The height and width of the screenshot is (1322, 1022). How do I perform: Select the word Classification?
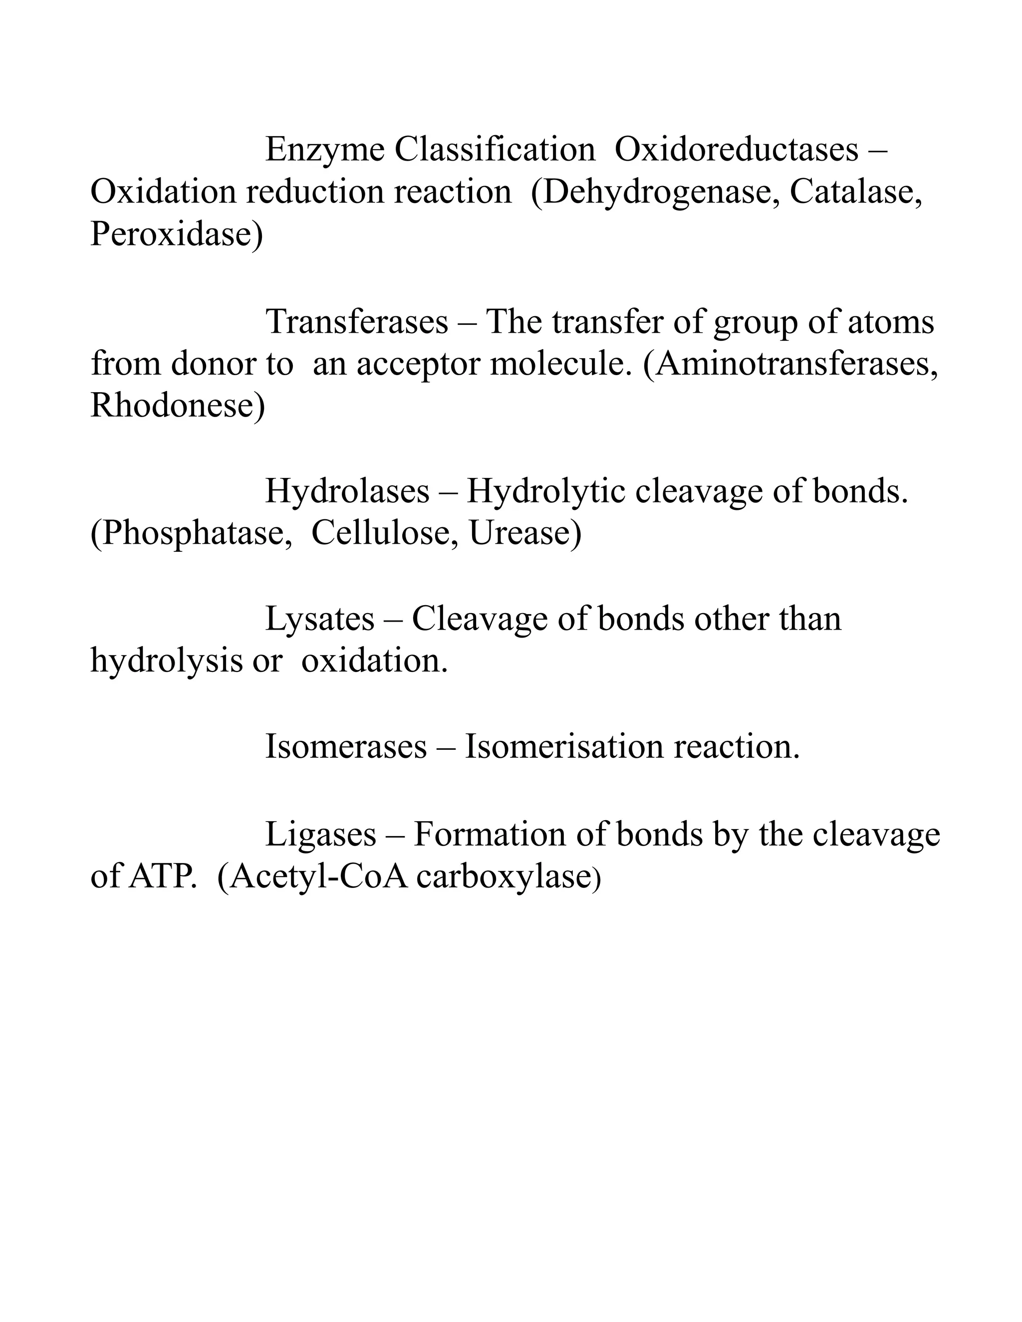(x=495, y=150)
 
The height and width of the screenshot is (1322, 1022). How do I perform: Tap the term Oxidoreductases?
(x=736, y=150)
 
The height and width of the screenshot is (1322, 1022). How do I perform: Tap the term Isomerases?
(x=346, y=746)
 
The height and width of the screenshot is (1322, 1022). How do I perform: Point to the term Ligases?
(x=320, y=835)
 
